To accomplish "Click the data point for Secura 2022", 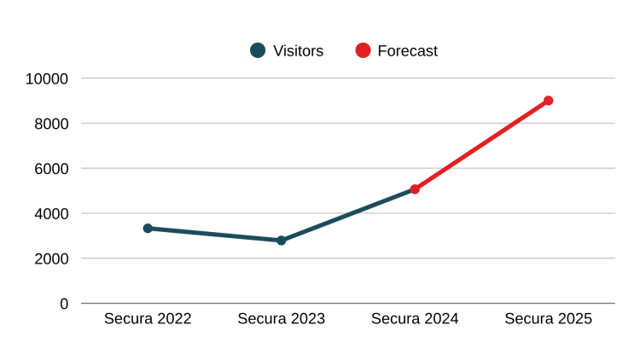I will [148, 229].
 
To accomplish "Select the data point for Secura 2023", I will [281, 241].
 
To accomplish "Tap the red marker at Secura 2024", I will [415, 189].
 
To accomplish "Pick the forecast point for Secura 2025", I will [548, 101].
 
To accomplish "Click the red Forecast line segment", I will [481, 145].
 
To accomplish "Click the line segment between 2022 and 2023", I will [214, 235].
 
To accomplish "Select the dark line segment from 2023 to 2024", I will [348, 215].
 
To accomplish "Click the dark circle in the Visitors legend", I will [258, 50].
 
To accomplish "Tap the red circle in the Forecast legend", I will [363, 50].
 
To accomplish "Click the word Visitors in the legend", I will [298, 50].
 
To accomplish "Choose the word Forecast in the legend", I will [407, 50].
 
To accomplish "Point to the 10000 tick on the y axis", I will [47, 78].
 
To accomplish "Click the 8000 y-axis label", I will [50, 124].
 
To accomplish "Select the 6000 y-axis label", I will [50, 169].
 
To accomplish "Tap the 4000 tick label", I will [50, 213].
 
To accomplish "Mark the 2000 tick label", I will [50, 258].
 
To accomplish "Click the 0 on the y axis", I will [64, 304].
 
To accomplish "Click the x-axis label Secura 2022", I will [148, 319].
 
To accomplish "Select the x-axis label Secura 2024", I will [415, 319].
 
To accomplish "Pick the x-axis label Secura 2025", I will [548, 319].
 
